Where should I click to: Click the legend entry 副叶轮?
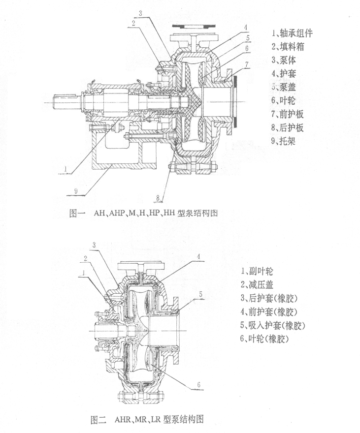pyautogui.click(x=259, y=271)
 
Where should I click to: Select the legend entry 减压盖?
pyautogui.click(x=259, y=284)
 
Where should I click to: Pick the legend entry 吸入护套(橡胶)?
pyautogui.click(x=273, y=326)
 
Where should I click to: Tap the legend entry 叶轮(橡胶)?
pyautogui.click(x=265, y=340)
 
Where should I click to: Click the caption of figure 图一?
pyautogui.click(x=143, y=214)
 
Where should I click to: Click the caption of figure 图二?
pyautogui.click(x=147, y=420)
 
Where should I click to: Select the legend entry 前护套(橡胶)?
pyautogui.click(x=269, y=312)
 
